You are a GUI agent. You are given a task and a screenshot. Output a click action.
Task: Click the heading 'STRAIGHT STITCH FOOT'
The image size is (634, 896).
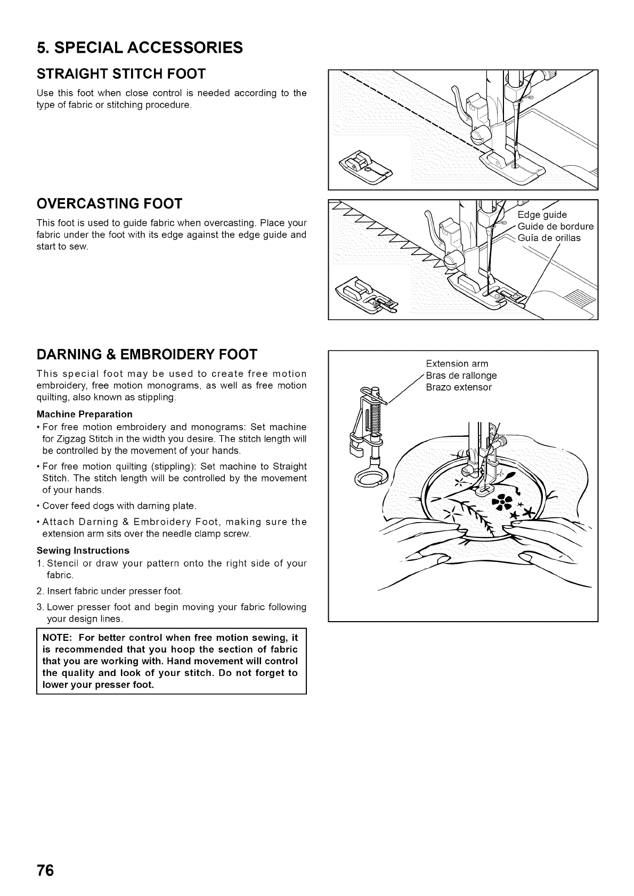tap(121, 73)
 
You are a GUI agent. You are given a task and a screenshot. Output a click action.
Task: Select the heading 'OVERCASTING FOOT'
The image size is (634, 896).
tap(109, 203)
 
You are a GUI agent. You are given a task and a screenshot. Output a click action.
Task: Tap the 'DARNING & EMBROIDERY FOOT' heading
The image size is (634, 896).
tap(147, 354)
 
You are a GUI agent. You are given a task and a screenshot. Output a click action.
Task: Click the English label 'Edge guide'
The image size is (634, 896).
tap(542, 215)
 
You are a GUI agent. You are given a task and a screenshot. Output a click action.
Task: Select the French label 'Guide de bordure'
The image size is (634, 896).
tap(555, 226)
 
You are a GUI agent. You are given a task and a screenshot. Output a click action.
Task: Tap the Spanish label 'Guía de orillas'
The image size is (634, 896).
tap(549, 238)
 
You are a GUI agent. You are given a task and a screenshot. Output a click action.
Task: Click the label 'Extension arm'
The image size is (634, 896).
tap(457, 364)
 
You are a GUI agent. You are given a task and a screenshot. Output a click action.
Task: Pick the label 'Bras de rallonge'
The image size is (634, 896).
tap(461, 376)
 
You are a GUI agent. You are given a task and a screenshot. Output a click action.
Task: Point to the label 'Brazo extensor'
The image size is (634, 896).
tap(458, 387)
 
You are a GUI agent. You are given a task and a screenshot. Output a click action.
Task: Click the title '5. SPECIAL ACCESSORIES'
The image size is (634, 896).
tap(140, 48)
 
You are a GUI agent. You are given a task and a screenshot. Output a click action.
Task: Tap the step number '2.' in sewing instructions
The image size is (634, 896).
tap(40, 591)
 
